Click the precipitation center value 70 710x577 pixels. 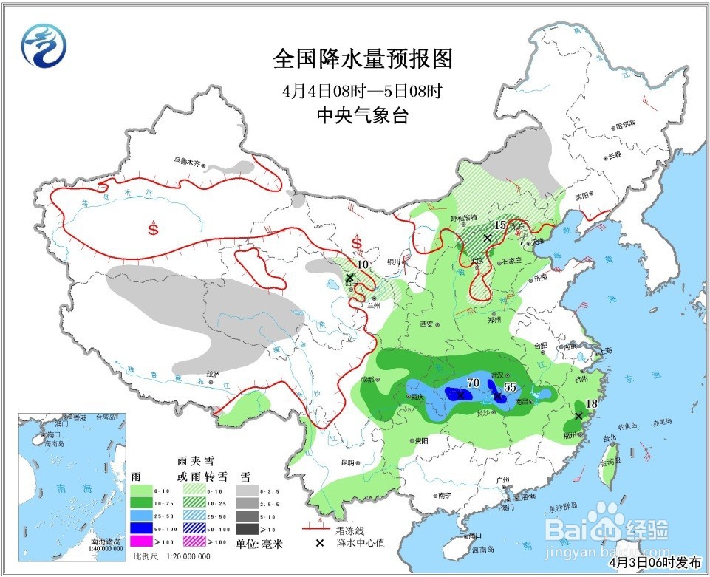[x=474, y=383]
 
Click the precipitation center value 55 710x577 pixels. [x=510, y=387]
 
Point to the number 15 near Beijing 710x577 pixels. [x=500, y=225]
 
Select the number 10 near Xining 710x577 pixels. [x=362, y=264]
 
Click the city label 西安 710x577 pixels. [x=426, y=324]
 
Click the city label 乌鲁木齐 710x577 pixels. [x=188, y=160]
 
